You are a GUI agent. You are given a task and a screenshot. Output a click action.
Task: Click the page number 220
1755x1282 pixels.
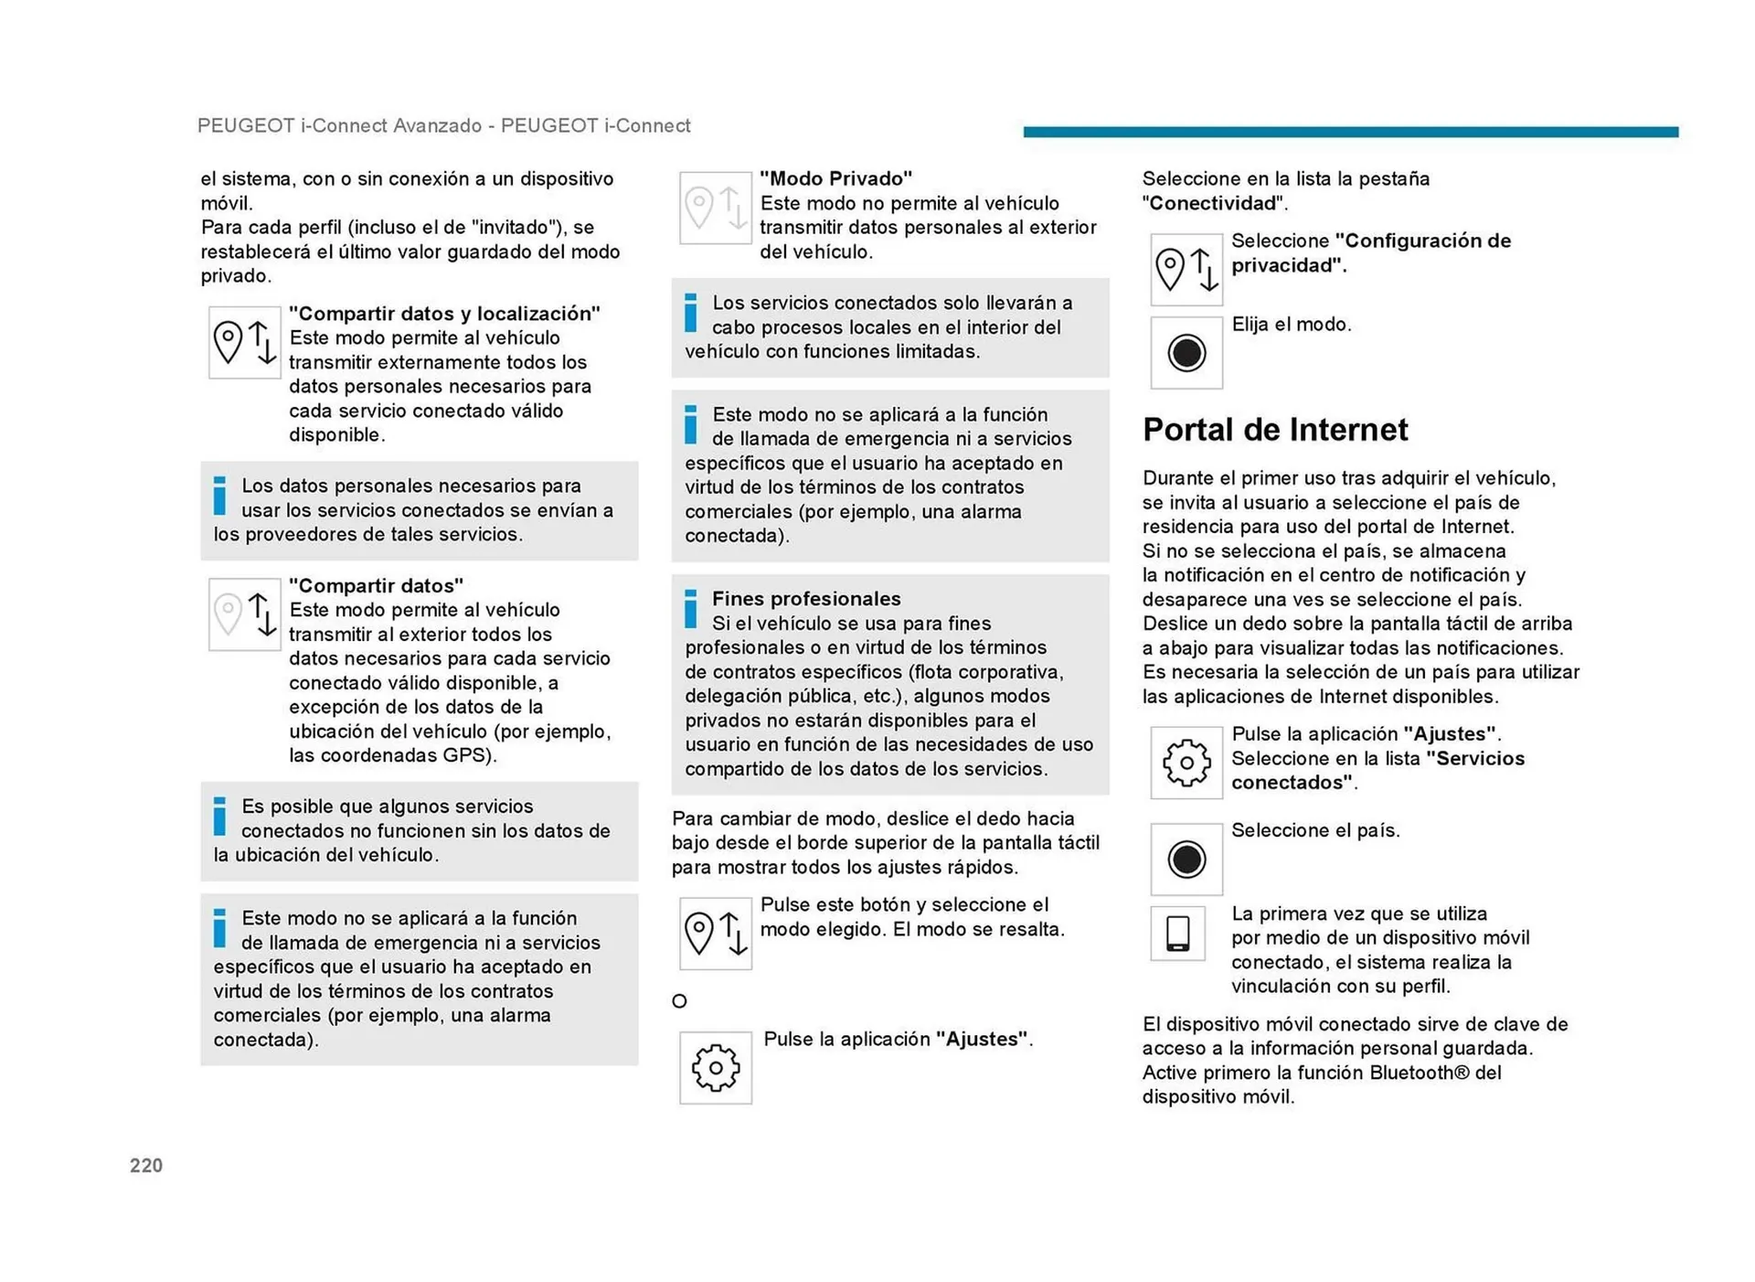point(146,1165)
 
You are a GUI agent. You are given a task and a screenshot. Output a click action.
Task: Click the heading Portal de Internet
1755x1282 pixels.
point(1275,429)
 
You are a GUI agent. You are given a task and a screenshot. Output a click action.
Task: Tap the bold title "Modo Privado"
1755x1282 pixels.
point(835,178)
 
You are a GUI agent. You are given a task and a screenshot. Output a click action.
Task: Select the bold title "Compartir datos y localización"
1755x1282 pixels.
point(444,314)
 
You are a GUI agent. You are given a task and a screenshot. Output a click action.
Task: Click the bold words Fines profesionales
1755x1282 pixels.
point(806,599)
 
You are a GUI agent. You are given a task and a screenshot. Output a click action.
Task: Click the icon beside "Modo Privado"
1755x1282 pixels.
point(716,208)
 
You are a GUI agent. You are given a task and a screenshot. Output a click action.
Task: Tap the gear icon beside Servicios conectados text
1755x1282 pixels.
point(1186,763)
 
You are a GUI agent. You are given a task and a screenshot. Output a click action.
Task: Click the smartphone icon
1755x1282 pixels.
point(1177,934)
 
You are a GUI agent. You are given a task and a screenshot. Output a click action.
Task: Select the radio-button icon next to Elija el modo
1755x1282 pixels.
point(1186,353)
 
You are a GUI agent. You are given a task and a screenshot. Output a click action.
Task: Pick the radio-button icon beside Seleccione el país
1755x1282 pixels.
point(1186,860)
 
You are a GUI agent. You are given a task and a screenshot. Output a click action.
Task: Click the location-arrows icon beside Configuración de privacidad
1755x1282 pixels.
point(1186,270)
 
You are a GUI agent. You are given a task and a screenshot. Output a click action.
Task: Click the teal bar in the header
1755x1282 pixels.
point(1350,132)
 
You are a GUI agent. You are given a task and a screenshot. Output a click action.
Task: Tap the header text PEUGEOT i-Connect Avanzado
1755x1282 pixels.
point(339,126)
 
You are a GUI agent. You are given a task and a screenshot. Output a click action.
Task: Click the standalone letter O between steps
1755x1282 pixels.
point(679,1001)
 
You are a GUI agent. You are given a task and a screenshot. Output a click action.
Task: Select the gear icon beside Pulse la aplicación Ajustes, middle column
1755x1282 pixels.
point(716,1068)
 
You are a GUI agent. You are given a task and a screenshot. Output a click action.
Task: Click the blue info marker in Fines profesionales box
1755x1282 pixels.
point(691,609)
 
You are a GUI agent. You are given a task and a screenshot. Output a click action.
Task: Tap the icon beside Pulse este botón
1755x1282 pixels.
point(716,934)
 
